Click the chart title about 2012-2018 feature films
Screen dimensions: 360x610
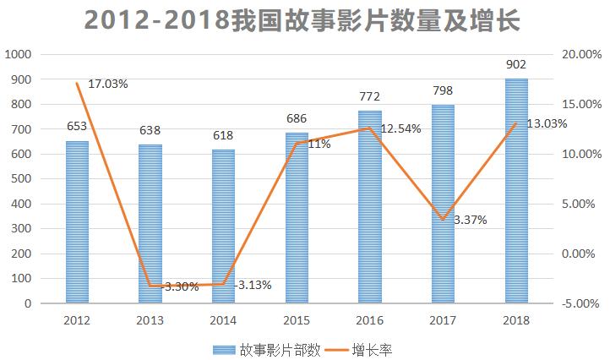point(304,19)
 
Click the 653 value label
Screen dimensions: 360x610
point(77,126)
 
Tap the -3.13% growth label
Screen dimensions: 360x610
point(253,285)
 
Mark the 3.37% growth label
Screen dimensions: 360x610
point(470,220)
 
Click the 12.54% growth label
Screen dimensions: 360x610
point(400,128)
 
